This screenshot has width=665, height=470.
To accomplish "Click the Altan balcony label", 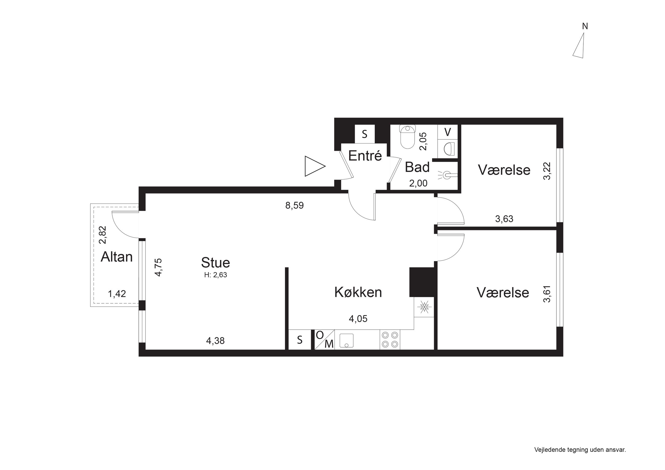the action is point(116,257).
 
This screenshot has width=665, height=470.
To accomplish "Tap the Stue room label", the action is point(216,263).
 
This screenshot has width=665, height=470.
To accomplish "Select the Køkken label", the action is point(358,292).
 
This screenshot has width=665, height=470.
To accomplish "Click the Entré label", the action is point(365,155).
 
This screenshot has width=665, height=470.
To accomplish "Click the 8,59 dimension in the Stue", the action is point(295,205).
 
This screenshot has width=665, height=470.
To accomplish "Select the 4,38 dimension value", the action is point(215,341).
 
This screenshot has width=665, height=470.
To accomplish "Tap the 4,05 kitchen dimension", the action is point(358,319).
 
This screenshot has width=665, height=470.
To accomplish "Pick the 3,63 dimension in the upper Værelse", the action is point(504,219).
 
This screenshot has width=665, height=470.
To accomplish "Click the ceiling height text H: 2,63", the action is point(216,275).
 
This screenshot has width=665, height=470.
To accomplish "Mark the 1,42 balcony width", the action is point(117,294).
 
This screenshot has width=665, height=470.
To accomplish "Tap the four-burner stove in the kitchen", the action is point(390,340).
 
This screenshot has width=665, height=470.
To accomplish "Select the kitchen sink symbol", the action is point(346,341).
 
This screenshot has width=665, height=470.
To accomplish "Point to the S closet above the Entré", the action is point(365,134).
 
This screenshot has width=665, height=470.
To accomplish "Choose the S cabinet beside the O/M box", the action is point(300,340).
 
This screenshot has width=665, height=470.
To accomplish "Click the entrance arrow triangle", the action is point(315,166).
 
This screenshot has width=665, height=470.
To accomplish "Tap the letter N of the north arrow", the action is point(585,26).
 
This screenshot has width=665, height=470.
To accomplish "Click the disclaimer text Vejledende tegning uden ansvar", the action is point(580,450).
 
